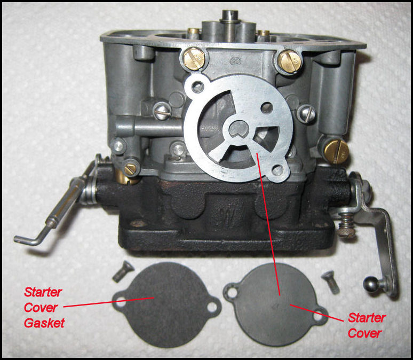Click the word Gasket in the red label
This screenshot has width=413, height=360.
(x=44, y=323)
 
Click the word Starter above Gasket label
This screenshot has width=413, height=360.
(x=43, y=292)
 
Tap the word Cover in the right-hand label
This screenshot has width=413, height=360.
(x=364, y=333)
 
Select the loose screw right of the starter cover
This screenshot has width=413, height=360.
(x=331, y=282)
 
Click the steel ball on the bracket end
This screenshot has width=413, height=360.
(x=371, y=285)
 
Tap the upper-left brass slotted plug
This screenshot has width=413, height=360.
(x=194, y=59)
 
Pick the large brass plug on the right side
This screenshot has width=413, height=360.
(x=336, y=152)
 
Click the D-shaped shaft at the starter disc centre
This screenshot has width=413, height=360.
(x=239, y=129)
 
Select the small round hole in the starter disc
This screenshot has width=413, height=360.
(x=267, y=107)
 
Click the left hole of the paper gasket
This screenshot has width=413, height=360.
(x=121, y=302)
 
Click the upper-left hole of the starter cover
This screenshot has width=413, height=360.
(x=232, y=292)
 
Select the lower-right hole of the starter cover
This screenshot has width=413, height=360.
(x=318, y=316)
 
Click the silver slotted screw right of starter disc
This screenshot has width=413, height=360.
(x=307, y=113)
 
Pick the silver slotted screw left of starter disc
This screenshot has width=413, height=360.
(x=162, y=111)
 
